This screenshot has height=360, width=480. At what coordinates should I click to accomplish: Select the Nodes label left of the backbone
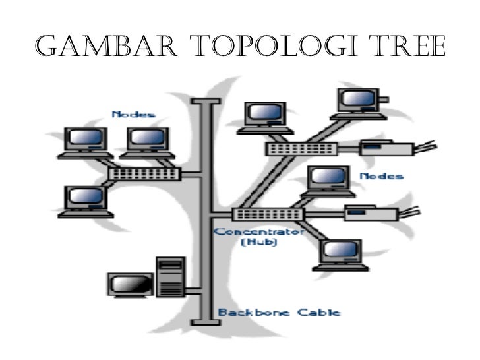(134, 114)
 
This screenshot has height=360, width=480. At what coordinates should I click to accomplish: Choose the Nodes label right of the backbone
(381, 176)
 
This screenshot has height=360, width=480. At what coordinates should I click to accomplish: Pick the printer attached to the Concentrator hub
(371, 212)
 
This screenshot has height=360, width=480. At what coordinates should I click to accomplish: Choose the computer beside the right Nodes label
(328, 181)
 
